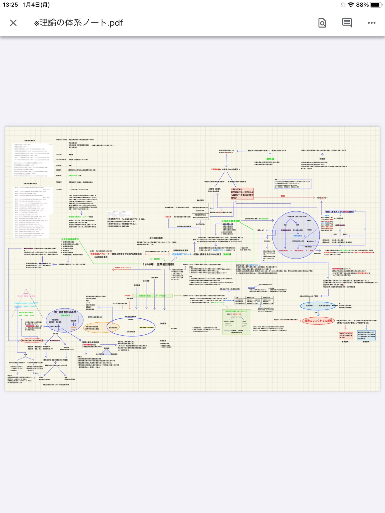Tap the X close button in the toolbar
click(13, 23)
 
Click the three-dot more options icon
click(371, 23)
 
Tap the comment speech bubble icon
click(347, 23)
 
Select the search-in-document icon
click(322, 23)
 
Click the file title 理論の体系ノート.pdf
click(78, 23)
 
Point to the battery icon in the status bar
click(376, 5)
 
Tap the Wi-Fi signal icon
click(351, 5)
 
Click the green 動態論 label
click(270, 159)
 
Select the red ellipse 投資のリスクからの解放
click(318, 321)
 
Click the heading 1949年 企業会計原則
click(158, 264)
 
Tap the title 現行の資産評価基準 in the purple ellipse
click(65, 312)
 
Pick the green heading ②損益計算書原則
click(231, 221)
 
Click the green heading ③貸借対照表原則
click(70, 239)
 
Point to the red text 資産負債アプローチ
click(100, 254)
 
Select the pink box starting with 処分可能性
click(242, 194)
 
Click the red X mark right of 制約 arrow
click(322, 198)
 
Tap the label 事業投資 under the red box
click(345, 342)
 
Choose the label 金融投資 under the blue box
click(366, 342)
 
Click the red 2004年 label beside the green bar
click(127, 296)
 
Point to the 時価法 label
click(163, 324)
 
